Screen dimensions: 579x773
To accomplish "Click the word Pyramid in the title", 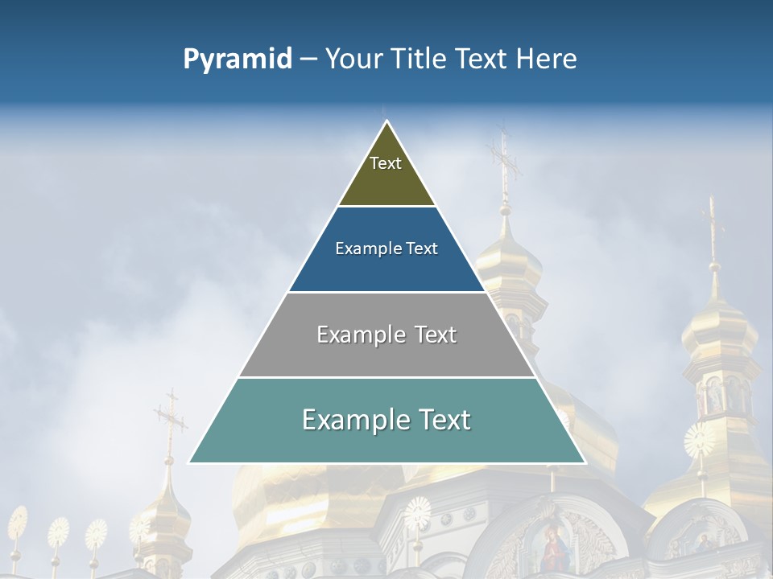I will [238, 60].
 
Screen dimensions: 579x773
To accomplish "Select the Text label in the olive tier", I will [386, 163].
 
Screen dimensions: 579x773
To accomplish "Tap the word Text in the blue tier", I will [422, 249].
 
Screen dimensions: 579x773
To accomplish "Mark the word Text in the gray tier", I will [436, 335].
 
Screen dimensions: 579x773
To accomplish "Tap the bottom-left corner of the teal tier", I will [189, 462].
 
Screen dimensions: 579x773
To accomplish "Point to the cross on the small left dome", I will [170, 418].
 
